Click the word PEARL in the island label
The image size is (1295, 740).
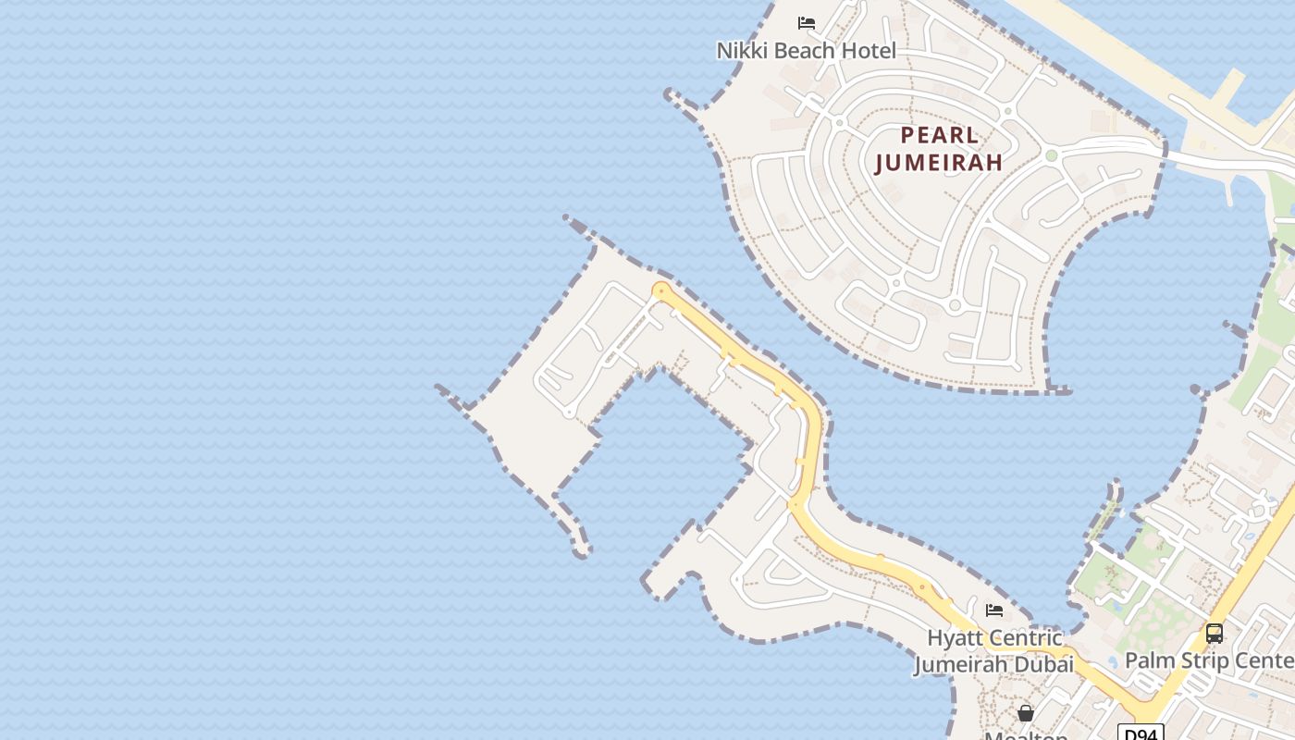point(939,135)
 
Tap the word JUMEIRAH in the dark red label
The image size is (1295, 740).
point(939,163)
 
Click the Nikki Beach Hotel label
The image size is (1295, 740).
point(807,51)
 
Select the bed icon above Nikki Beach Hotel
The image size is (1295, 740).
point(807,22)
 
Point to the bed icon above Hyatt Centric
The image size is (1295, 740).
point(994,610)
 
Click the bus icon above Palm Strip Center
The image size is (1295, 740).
point(1215,634)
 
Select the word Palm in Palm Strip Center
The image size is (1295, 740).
point(1148,660)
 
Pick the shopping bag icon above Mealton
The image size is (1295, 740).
point(1026,713)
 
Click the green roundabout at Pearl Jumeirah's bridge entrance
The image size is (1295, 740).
point(1051,155)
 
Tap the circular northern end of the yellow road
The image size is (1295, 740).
point(660,291)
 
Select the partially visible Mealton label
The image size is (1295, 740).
point(1026,735)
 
